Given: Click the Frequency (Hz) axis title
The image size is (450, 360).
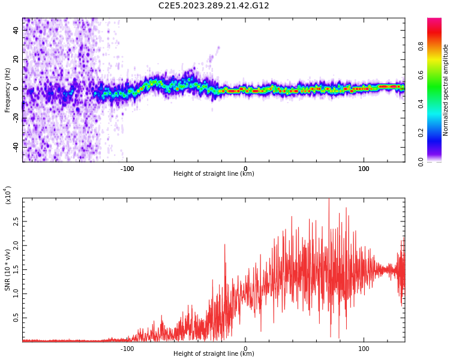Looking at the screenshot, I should click(x=8, y=90).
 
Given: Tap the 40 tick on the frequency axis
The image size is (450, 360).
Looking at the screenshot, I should click(x=16, y=31).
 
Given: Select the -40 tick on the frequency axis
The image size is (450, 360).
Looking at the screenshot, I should click(x=14, y=146).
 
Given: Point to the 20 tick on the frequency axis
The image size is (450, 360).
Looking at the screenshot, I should click(x=16, y=59).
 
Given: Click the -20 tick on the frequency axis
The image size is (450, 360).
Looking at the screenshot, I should click(x=14, y=118).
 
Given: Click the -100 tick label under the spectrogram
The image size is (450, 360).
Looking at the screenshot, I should click(x=127, y=168).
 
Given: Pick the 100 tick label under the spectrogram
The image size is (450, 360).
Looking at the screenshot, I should click(x=364, y=168).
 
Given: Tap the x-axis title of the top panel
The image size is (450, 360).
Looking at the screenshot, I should click(x=214, y=174).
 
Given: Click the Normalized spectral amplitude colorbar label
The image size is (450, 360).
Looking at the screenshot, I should click(x=446, y=90).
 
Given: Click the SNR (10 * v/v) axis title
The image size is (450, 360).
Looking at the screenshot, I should click(x=8, y=270).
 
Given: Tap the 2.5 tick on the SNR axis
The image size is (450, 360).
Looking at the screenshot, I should click(x=16, y=221).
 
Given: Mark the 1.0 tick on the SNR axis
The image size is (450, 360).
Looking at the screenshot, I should click(x=16, y=293).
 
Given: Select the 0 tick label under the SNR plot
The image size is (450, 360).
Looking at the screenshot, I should click(x=245, y=348).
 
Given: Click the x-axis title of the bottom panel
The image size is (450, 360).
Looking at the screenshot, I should click(x=214, y=354).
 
